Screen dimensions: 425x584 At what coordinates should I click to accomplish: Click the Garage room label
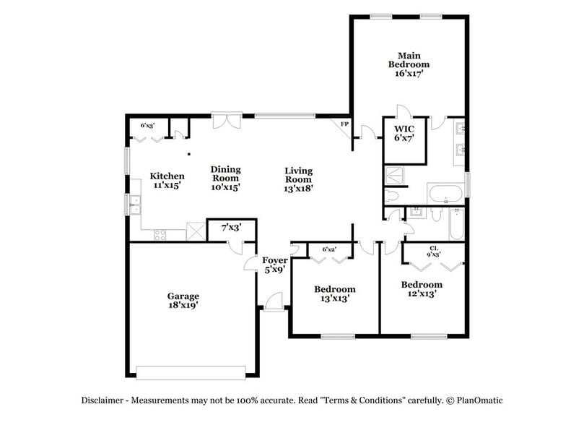coord(183,296)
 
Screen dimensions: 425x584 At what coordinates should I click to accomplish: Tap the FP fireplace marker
coord(344,124)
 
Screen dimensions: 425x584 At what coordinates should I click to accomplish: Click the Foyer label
coord(274,260)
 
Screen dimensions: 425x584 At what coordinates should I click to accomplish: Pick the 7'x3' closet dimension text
coord(231,228)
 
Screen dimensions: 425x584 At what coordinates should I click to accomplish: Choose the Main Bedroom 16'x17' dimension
coord(408,73)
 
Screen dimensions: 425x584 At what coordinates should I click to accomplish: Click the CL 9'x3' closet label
coord(434,251)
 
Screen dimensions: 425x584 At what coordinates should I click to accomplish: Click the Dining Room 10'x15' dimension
coord(225,186)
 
